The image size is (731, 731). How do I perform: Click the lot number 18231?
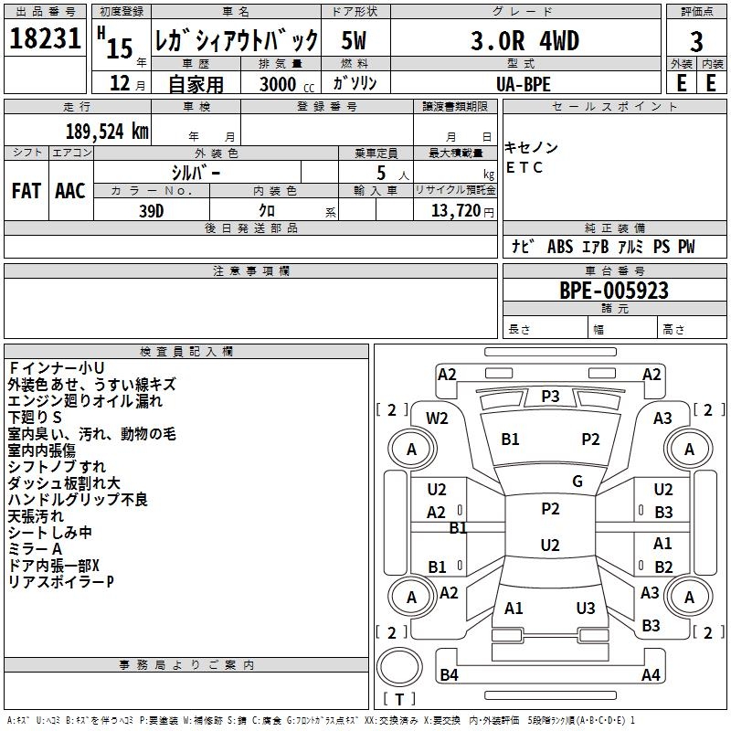(46, 39)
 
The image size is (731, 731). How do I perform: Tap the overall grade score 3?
(696, 41)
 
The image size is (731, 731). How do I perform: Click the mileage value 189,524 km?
(107, 132)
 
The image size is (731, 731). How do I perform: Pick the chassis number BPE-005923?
(613, 291)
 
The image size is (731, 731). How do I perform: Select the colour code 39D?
(152, 210)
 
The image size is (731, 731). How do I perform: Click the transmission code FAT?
(26, 191)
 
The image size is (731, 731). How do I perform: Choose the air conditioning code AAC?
(69, 191)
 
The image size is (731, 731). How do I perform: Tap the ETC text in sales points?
(525, 167)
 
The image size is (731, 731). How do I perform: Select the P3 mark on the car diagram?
(550, 396)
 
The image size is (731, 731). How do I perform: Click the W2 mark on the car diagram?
(437, 418)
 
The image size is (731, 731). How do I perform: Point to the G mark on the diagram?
(577, 482)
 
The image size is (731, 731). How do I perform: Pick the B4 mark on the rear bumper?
(449, 675)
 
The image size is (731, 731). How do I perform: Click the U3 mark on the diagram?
(586, 609)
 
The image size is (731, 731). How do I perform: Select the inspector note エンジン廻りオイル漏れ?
(84, 400)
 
